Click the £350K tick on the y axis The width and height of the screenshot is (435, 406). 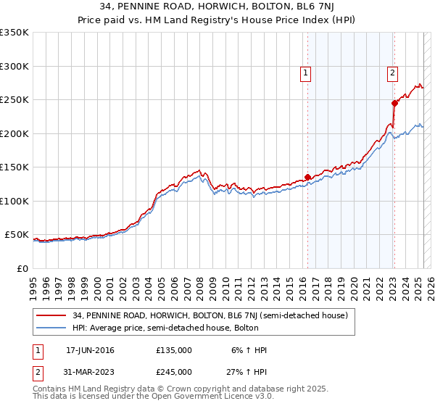pos(14,33)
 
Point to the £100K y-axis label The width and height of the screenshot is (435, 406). pos(14,201)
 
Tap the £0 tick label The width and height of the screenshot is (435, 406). pos(22,268)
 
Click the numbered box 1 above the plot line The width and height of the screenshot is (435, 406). pos(306,72)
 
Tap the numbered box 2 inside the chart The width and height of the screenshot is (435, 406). pos(392,72)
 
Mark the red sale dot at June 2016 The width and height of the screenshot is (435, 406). pos(307,177)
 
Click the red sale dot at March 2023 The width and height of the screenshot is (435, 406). pos(394,103)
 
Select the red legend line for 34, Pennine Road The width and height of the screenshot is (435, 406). pos(51,315)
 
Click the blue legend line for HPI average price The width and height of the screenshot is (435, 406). pos(51,328)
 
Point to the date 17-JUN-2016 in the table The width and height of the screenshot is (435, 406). pos(90,350)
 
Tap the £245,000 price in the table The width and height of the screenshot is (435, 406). pos(174,371)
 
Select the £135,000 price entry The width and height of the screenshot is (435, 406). pos(174,350)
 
